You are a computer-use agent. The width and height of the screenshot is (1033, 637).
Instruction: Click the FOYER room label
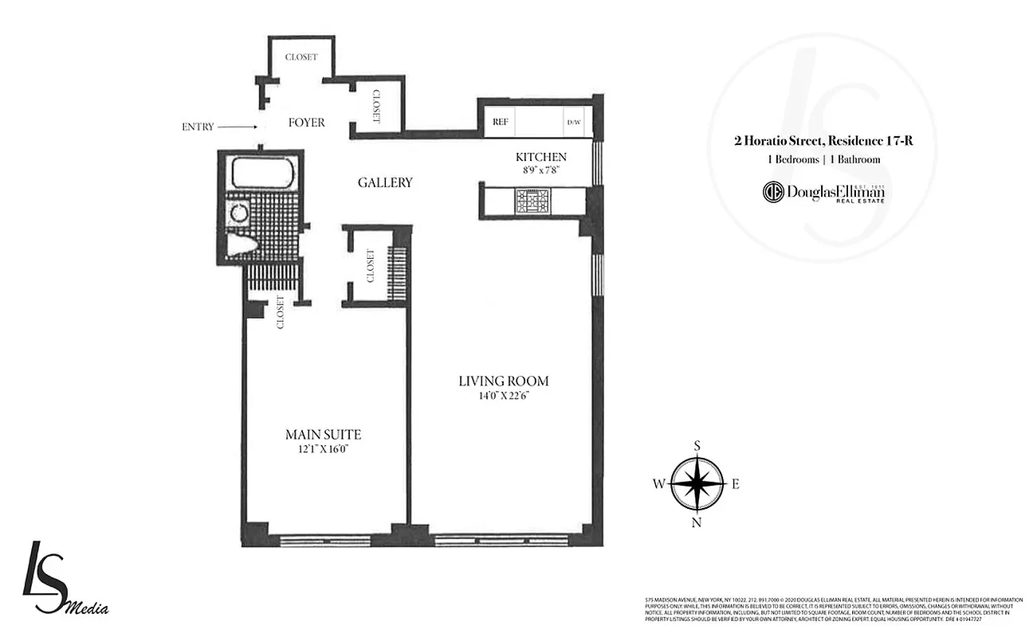click(x=307, y=123)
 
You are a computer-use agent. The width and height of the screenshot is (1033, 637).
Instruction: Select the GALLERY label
click(x=385, y=182)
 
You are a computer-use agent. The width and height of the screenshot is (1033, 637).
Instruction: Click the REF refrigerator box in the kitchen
click(x=501, y=122)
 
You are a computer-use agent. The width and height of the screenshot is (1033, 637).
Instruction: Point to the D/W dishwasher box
click(x=575, y=123)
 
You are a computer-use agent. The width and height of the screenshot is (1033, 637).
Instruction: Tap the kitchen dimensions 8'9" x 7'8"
click(x=540, y=169)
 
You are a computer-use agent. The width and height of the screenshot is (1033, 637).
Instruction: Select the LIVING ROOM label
click(x=504, y=381)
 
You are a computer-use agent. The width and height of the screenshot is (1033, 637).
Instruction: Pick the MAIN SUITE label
click(x=323, y=435)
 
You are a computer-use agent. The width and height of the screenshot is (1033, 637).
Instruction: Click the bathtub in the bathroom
click(x=262, y=173)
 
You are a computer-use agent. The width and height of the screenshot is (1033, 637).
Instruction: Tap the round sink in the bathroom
click(x=238, y=212)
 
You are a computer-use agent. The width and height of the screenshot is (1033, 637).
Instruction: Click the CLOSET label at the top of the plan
click(x=301, y=57)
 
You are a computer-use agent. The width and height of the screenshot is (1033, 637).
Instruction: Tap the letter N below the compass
click(x=697, y=522)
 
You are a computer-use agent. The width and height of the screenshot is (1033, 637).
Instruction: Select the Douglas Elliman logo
click(x=824, y=192)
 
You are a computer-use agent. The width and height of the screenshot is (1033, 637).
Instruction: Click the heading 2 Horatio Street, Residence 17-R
click(x=823, y=142)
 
